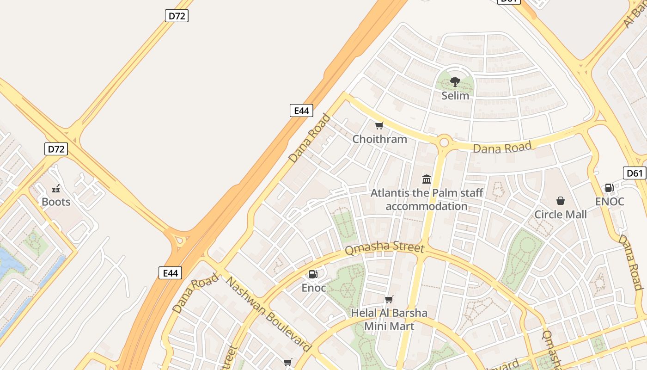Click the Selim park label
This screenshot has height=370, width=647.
[455, 96]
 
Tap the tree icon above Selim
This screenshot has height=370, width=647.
[455, 82]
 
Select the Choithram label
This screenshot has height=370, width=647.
[380, 139]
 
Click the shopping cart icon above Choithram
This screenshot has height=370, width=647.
[379, 126]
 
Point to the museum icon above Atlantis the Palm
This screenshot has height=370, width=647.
[427, 179]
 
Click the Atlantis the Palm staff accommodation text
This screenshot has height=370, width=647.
[427, 199]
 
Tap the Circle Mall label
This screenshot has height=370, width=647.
[561, 215]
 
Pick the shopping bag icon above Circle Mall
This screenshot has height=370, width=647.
[561, 201]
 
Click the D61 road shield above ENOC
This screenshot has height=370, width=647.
[635, 173]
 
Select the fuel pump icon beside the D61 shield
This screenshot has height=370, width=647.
[609, 188]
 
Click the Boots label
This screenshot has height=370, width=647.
[56, 202]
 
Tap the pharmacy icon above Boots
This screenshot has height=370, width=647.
[56, 189]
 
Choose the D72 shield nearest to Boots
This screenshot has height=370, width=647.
[56, 149]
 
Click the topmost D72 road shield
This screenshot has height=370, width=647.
[177, 16]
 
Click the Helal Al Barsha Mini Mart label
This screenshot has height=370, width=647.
[389, 320]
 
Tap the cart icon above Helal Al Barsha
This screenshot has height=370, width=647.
[389, 300]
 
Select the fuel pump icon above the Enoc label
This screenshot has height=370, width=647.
[313, 275]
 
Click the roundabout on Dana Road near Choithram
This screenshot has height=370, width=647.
[444, 142]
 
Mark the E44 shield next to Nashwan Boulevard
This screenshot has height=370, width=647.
[170, 273]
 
